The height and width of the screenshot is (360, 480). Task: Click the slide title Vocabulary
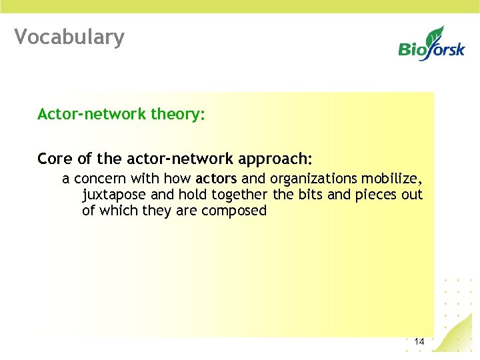(x=69, y=37)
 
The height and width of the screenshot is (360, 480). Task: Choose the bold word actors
(x=216, y=179)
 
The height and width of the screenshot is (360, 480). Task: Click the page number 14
(x=419, y=342)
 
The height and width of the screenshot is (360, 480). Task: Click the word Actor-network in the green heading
(x=92, y=115)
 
